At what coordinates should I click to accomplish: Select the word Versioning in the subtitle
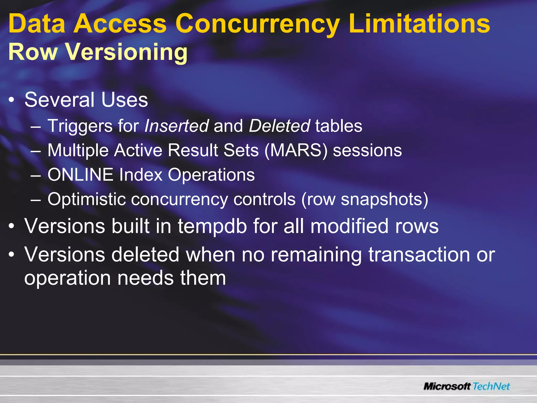point(126,52)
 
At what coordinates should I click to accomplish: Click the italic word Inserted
point(176,126)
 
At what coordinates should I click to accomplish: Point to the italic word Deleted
point(279,126)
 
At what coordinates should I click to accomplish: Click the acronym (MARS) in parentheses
point(296,150)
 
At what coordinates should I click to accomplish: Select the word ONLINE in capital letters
point(80,175)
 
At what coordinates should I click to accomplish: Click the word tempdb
point(212,226)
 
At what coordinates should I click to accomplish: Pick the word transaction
point(419,255)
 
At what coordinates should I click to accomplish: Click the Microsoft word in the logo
point(447,386)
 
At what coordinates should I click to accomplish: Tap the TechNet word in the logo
point(491,386)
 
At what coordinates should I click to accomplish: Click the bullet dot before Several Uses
point(11,100)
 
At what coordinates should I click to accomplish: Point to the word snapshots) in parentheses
point(384,199)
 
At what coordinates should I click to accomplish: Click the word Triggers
point(80,126)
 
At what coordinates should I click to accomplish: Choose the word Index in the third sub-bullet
point(141,175)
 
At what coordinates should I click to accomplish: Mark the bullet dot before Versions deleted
point(11,254)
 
